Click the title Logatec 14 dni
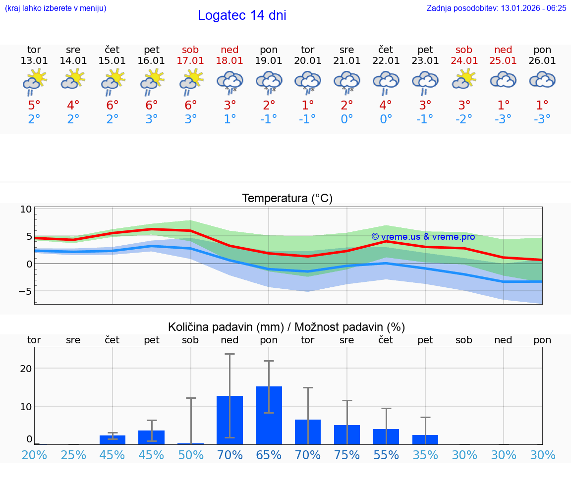(x=242, y=15)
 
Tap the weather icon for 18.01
(x=229, y=82)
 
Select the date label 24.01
(x=464, y=61)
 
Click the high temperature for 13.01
(x=34, y=106)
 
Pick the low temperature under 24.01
(x=464, y=119)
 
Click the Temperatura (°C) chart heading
(x=287, y=199)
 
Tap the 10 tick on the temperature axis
(x=26, y=209)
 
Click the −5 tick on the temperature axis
(x=25, y=291)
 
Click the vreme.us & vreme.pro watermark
(x=423, y=237)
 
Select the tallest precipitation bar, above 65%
(x=269, y=415)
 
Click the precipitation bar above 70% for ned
(x=229, y=420)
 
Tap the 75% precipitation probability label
(x=346, y=455)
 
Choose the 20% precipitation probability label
(x=34, y=455)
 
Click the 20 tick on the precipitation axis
(x=26, y=369)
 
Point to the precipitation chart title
(x=286, y=327)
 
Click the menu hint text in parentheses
(x=56, y=8)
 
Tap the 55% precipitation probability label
(x=386, y=455)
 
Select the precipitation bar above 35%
(x=425, y=439)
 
